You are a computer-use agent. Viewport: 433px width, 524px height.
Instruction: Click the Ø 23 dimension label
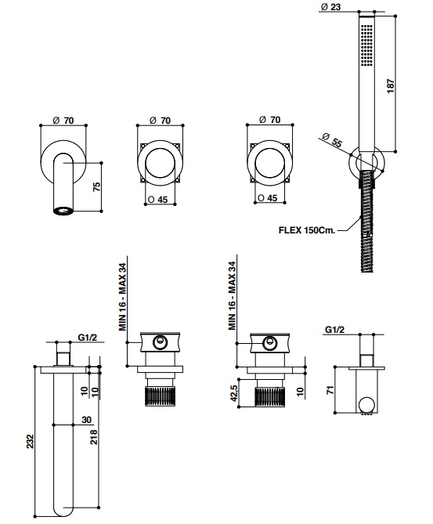click(x=330, y=6)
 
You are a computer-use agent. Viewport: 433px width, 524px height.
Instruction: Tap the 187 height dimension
click(x=391, y=86)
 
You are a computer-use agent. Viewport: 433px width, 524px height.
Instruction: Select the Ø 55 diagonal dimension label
click(x=333, y=140)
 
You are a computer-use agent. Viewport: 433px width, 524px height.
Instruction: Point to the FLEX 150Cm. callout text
click(x=307, y=230)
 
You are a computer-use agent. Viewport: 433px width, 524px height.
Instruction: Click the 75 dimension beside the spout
click(x=96, y=186)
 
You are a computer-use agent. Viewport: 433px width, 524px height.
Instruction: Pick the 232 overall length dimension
click(x=30, y=441)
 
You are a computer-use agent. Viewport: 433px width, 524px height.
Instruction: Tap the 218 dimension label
click(x=94, y=437)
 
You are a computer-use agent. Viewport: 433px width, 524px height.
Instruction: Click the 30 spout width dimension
click(x=86, y=419)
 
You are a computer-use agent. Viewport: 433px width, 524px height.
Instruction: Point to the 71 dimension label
click(x=330, y=389)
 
